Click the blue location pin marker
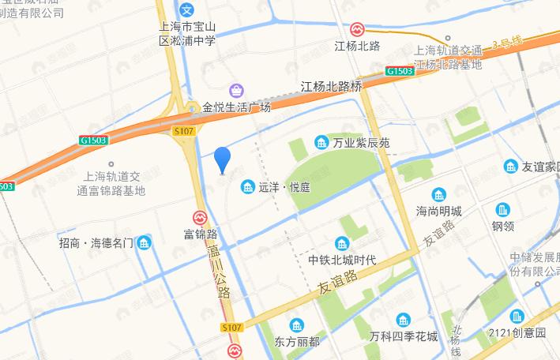pos(223,159)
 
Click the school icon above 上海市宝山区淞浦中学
pos(186,11)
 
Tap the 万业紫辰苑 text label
pos(361,143)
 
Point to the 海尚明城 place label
pos(439,211)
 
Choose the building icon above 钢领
pos(503,210)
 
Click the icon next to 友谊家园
pos(510,167)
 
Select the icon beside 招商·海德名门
pos(145,243)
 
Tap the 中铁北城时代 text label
pos(342,260)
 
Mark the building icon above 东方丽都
pos(297,325)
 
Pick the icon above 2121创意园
pos(517,316)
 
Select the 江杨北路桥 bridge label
pos(331,86)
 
